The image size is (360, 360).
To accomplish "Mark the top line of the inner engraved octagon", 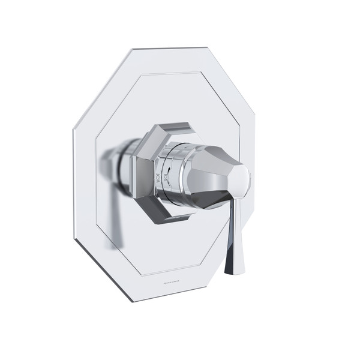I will (180, 76).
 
